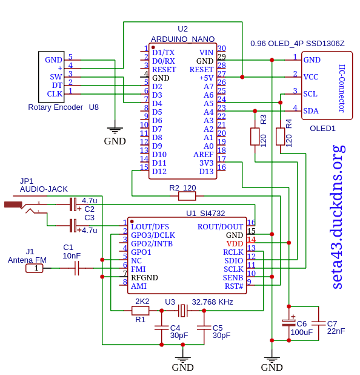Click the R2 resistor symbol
(x=187, y=196)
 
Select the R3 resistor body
(x=255, y=137)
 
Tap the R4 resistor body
(x=280, y=137)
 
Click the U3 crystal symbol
(x=183, y=311)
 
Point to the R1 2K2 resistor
(x=140, y=311)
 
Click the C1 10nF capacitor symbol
(x=76, y=268)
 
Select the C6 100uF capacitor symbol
(x=289, y=323)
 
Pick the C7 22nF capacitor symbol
(x=318, y=323)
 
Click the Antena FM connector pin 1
(x=35, y=268)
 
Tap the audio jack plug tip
(x=13, y=204)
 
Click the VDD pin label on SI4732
(x=235, y=244)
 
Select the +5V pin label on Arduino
(x=206, y=78)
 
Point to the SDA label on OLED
(x=311, y=111)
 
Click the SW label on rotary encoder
(x=56, y=77)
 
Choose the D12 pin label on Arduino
(x=159, y=172)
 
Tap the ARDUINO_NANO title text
(x=183, y=39)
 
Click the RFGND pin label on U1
(x=144, y=278)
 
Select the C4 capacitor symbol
(x=161, y=328)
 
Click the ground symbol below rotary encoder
(x=115, y=130)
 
